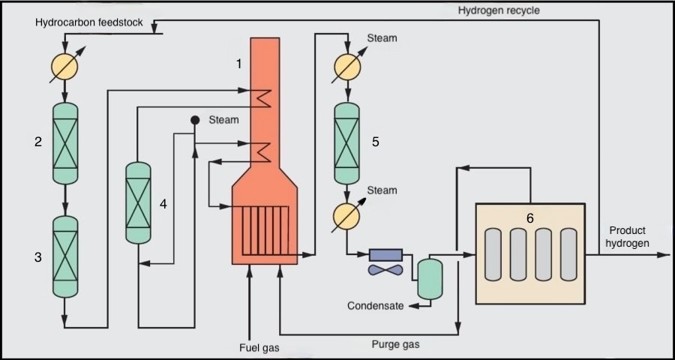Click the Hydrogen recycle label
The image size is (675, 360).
point(499,10)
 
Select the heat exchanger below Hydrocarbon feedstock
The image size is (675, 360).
point(65,67)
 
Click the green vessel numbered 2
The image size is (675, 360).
point(65,142)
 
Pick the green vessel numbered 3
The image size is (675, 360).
point(65,256)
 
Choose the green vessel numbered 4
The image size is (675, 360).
point(138,202)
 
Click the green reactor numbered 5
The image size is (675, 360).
point(346,142)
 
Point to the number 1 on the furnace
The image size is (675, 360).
point(239,64)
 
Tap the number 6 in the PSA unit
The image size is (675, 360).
point(529,217)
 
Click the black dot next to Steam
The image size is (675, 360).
point(194,119)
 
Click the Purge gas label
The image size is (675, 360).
point(396,345)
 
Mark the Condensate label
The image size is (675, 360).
point(375,305)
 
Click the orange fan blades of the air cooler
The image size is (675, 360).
point(385,268)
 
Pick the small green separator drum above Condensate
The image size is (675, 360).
point(428,278)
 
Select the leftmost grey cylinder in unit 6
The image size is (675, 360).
point(493,253)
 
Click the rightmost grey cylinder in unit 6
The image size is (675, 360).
point(568,253)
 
